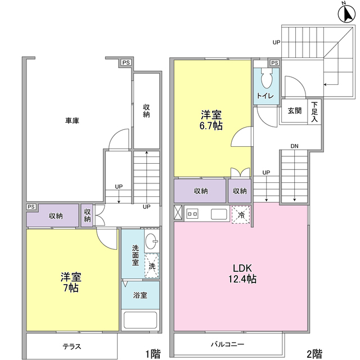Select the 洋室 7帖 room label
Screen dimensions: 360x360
(71, 282)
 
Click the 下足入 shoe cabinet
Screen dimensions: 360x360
(315, 111)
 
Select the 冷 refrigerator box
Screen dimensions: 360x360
(241, 214)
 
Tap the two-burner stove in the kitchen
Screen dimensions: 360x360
(192, 214)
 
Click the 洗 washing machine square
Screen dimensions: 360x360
(152, 266)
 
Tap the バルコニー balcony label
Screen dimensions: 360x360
(228, 343)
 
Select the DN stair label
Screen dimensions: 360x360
(294, 147)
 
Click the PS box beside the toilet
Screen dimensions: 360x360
(275, 62)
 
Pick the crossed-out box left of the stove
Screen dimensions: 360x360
(178, 213)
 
